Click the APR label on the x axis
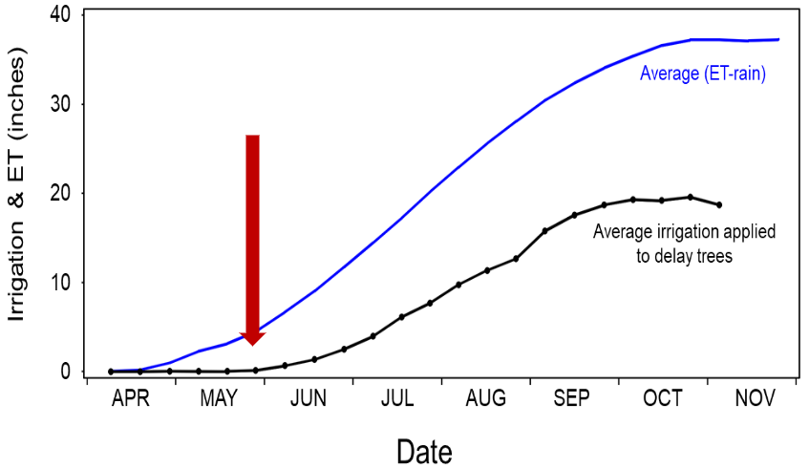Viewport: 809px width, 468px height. pyautogui.click(x=131, y=399)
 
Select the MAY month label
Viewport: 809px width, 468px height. pyautogui.click(x=220, y=399)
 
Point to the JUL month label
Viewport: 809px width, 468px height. pyautogui.click(x=396, y=399)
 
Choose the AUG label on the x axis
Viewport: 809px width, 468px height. pyautogui.click(x=485, y=399)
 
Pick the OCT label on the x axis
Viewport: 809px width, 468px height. pyautogui.click(x=662, y=399)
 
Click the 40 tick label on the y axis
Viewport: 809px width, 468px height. pyautogui.click(x=59, y=16)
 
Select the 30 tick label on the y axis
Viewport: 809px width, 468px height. pyautogui.click(x=59, y=104)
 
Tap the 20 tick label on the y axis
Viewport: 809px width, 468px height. pyautogui.click(x=59, y=193)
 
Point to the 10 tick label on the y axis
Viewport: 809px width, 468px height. pyautogui.click(x=59, y=282)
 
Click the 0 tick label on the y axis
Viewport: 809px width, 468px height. pyautogui.click(x=65, y=371)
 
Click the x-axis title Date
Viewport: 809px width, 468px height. pyautogui.click(x=424, y=449)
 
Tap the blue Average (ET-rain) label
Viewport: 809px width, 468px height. pyautogui.click(x=703, y=74)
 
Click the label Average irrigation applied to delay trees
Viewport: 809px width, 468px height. pyautogui.click(x=683, y=244)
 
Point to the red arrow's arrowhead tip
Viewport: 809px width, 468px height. pyautogui.click(x=252, y=344)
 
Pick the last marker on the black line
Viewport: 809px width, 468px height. pyautogui.click(x=719, y=204)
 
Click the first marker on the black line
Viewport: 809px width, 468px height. pyautogui.click(x=112, y=371)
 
